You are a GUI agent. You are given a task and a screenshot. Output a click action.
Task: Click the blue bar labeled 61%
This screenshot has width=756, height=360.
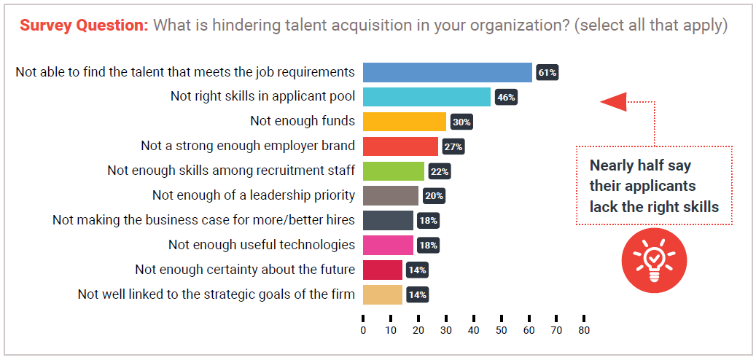coord(447,72)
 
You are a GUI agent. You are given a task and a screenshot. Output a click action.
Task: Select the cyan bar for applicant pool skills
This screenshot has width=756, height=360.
coord(426,97)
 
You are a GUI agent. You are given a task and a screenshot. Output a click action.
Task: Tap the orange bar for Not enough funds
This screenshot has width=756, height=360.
coord(404,122)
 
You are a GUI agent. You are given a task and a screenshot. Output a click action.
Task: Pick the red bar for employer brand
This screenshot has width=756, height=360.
coord(400,146)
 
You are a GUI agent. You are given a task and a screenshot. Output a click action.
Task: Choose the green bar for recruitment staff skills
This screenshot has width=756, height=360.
coord(393,171)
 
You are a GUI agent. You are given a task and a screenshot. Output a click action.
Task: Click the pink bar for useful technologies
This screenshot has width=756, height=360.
coord(388,245)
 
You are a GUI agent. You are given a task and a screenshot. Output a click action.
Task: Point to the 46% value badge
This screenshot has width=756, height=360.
coord(506,97)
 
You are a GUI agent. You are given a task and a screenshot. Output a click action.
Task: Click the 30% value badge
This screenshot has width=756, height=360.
coord(461,122)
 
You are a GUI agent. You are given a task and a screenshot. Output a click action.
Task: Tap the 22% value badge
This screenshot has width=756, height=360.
coord(440,171)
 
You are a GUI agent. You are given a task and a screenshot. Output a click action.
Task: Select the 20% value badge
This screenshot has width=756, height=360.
coord(434,196)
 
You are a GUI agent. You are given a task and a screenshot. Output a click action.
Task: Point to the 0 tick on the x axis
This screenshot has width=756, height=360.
coord(363,330)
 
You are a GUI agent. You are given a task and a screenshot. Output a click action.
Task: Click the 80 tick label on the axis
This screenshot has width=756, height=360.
coord(584,330)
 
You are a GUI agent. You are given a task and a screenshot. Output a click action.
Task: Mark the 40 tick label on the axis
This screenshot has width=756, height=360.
coord(473,330)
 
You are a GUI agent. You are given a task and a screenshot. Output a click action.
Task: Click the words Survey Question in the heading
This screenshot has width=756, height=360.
coord(84,25)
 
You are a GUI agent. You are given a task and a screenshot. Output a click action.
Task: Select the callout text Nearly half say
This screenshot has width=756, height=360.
coord(640,165)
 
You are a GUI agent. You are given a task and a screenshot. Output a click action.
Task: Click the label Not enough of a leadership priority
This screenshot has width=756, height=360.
coord(254,195)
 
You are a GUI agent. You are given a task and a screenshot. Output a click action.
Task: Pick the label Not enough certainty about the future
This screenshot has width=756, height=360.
coord(245,270)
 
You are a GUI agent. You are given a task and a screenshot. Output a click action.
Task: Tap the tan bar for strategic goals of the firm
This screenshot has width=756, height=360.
coord(383,294)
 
